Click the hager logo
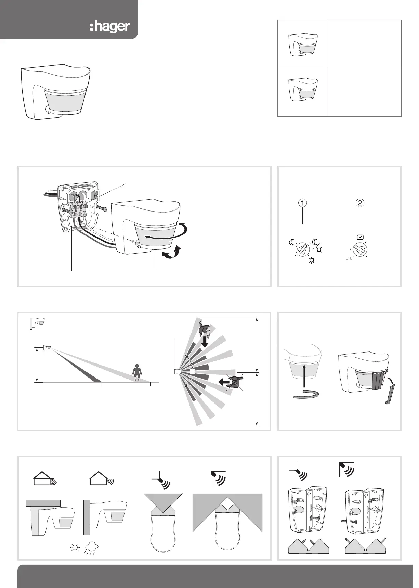[x=110, y=27]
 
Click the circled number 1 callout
[x=303, y=203]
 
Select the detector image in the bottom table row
[x=302, y=90]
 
